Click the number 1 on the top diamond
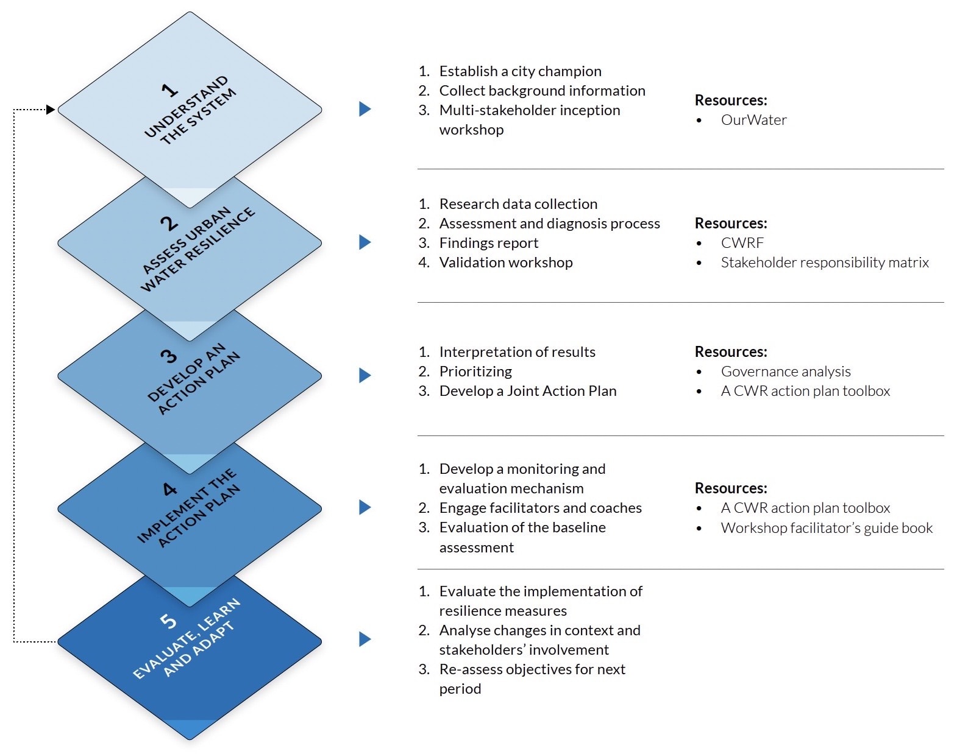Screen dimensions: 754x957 (x=169, y=90)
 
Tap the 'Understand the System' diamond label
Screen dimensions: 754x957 (x=190, y=111)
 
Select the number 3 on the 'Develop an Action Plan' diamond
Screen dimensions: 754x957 (x=168, y=356)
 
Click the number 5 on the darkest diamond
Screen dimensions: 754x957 (x=168, y=621)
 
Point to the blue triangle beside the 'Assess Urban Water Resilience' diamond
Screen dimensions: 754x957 (x=365, y=242)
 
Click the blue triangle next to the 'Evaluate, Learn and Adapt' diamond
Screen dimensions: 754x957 (x=365, y=639)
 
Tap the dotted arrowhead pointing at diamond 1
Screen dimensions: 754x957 (x=51, y=110)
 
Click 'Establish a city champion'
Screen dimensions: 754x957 (x=520, y=71)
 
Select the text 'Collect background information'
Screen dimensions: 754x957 (x=542, y=91)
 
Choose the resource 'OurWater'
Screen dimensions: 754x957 (x=753, y=120)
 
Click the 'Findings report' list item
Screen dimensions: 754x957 (x=488, y=243)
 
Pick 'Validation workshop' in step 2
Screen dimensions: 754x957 (x=505, y=262)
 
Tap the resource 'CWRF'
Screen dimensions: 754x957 (x=742, y=243)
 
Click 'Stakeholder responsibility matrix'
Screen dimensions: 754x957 (x=824, y=262)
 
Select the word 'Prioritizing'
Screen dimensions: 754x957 (x=475, y=372)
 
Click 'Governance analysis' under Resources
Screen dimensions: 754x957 (x=785, y=372)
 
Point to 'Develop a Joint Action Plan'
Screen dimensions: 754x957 (x=527, y=391)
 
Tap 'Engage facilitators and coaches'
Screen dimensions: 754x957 (x=540, y=508)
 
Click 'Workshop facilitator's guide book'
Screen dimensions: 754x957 (x=826, y=528)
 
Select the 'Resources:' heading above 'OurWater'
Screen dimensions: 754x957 (x=730, y=100)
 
